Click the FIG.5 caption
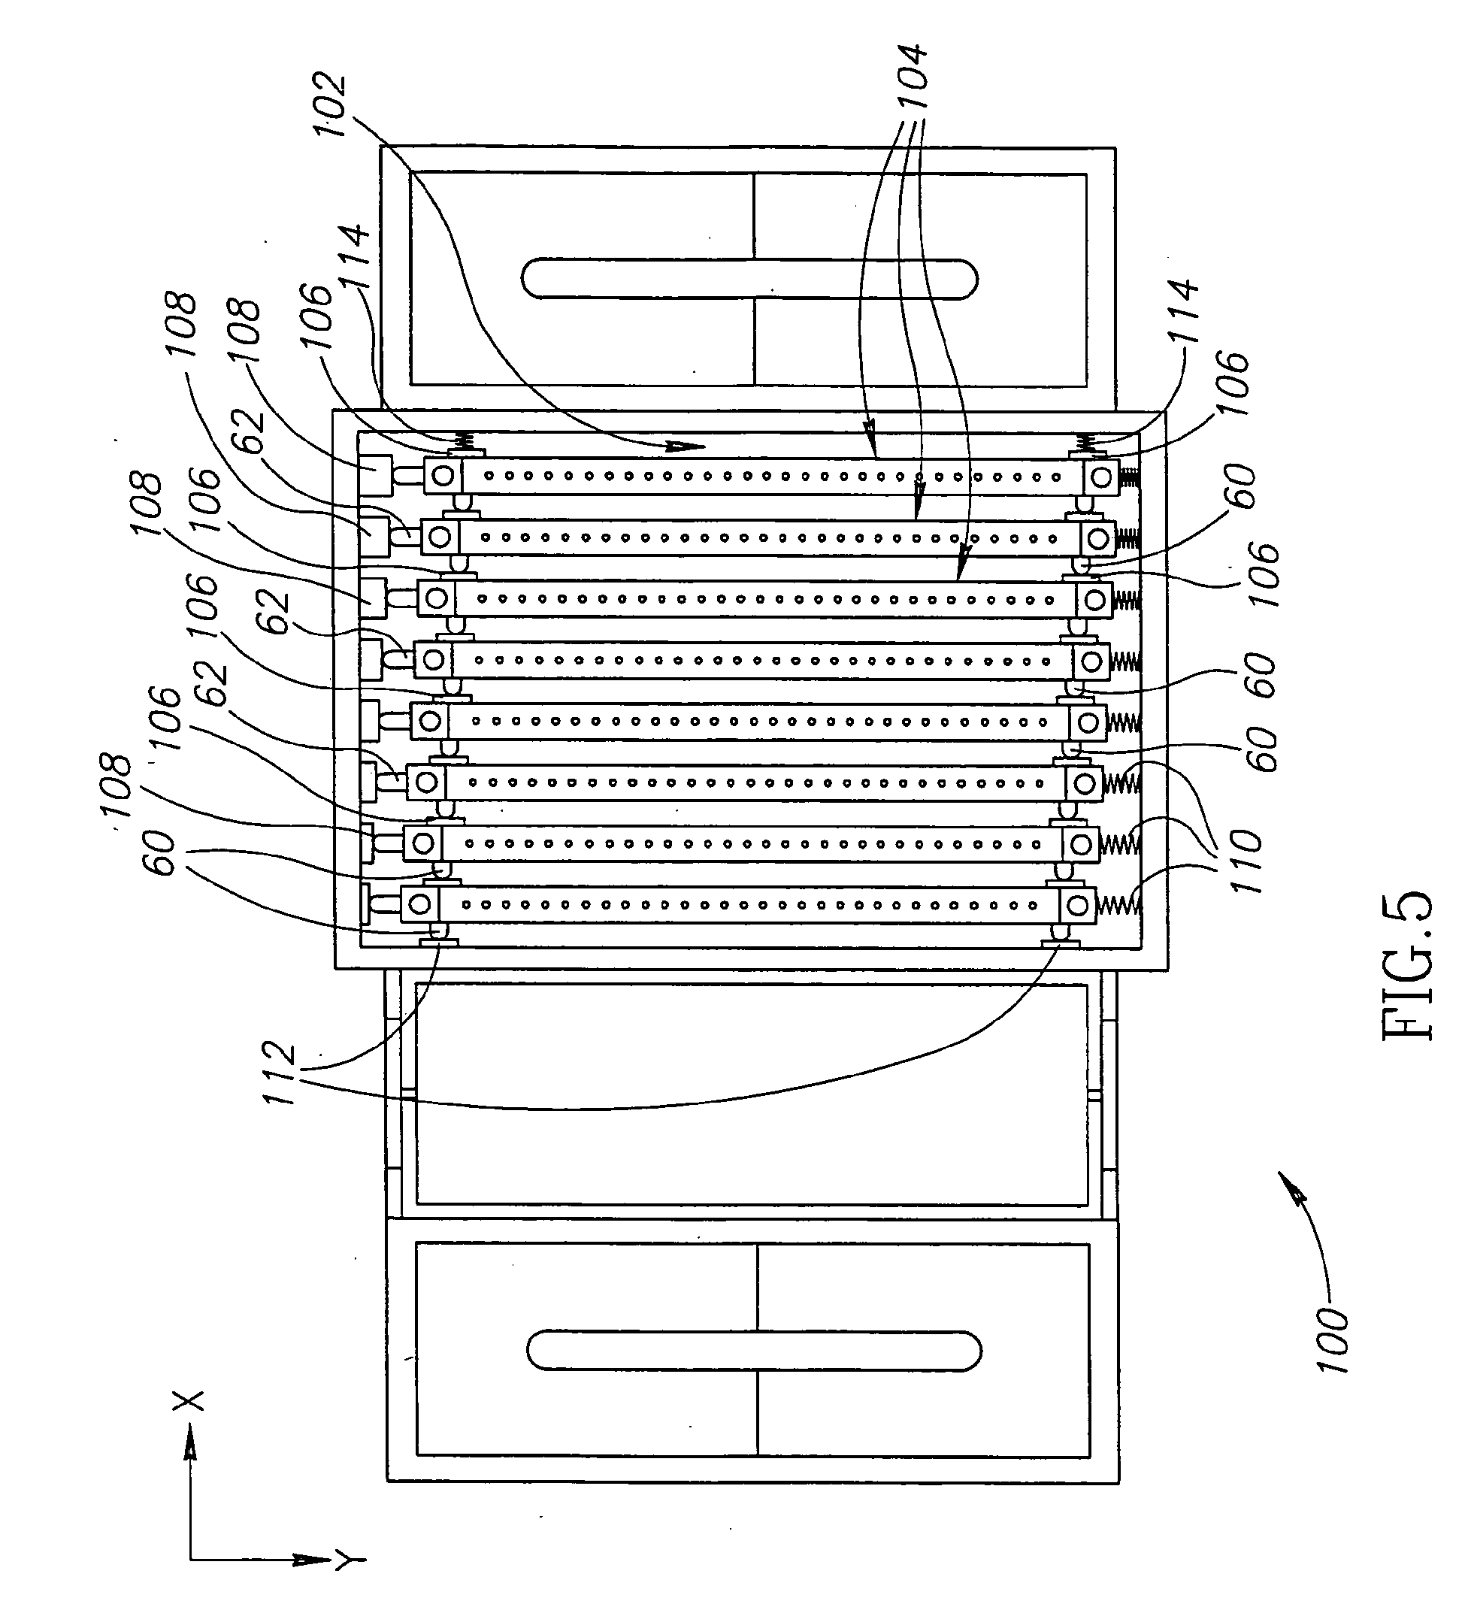[x=1407, y=967]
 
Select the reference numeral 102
[x=331, y=105]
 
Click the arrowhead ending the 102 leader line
[x=686, y=447]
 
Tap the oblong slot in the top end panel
[x=749, y=279]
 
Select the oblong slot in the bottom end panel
[x=754, y=1350]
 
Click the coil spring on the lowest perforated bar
[x=1118, y=903]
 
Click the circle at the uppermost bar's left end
[x=443, y=476]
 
